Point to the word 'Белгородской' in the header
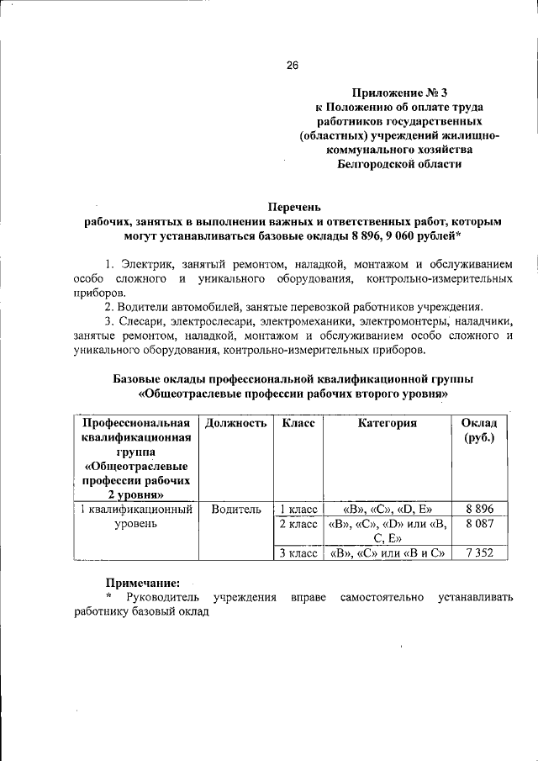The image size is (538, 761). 377,165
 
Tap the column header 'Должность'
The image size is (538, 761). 236,424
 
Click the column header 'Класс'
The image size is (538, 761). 298,424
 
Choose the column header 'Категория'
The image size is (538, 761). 387,424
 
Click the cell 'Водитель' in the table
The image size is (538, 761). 236,509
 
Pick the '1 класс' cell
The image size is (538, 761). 298,509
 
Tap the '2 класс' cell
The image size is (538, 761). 298,524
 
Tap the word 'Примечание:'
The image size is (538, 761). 142,582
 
